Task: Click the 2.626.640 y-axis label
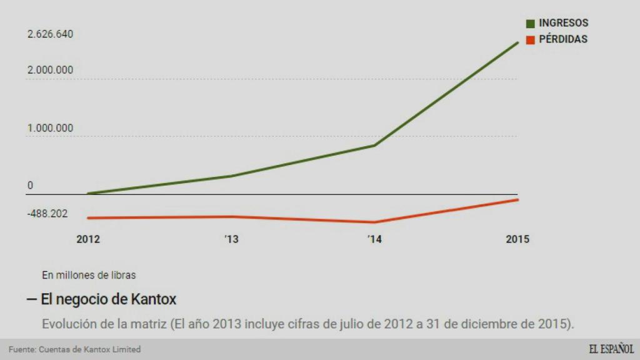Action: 50,34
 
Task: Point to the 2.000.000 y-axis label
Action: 50,70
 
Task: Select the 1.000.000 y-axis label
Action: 50,128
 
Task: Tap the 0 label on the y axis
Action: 30,186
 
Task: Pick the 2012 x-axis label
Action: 88,239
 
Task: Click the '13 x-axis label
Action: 231,239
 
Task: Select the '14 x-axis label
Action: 374,239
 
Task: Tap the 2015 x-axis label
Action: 517,239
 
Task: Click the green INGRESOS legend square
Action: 531,24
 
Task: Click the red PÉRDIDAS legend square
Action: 531,39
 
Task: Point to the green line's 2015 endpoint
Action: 518,42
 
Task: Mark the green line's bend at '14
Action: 374,146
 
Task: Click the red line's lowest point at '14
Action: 374,222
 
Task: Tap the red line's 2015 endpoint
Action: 518,200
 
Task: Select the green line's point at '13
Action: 231,176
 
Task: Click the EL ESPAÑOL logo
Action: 611,349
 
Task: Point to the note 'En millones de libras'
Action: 89,274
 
